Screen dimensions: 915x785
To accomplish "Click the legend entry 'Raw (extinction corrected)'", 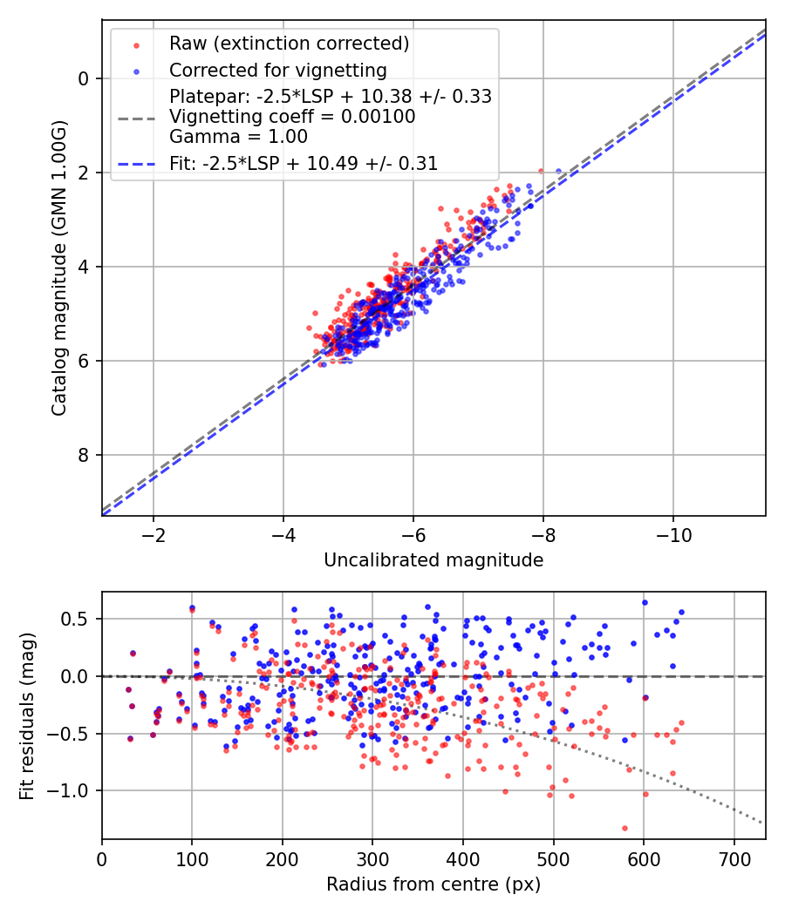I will (x=289, y=44).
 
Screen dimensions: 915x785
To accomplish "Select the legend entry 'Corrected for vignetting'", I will (x=277, y=70).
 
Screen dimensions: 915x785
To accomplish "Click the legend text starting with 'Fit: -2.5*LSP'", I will (x=304, y=163).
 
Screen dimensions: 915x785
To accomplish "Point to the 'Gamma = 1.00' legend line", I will (x=238, y=136).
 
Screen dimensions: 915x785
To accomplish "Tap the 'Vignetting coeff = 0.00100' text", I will (x=292, y=116).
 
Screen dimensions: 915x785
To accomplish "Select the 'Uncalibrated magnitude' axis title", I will (x=433, y=559).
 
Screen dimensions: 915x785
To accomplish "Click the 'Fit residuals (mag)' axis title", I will (x=27, y=715).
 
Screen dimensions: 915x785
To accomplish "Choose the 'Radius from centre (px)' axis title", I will (x=433, y=884).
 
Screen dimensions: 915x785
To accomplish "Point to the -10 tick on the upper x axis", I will (x=673, y=532).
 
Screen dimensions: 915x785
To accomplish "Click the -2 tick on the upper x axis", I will (x=154, y=532).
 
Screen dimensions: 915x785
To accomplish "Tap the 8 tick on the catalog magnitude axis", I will (x=84, y=455).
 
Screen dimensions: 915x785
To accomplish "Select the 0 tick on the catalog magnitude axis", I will (x=84, y=78).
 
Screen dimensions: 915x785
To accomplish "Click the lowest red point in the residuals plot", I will (x=625, y=828).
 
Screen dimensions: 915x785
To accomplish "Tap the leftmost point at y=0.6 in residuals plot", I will (x=192, y=608).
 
